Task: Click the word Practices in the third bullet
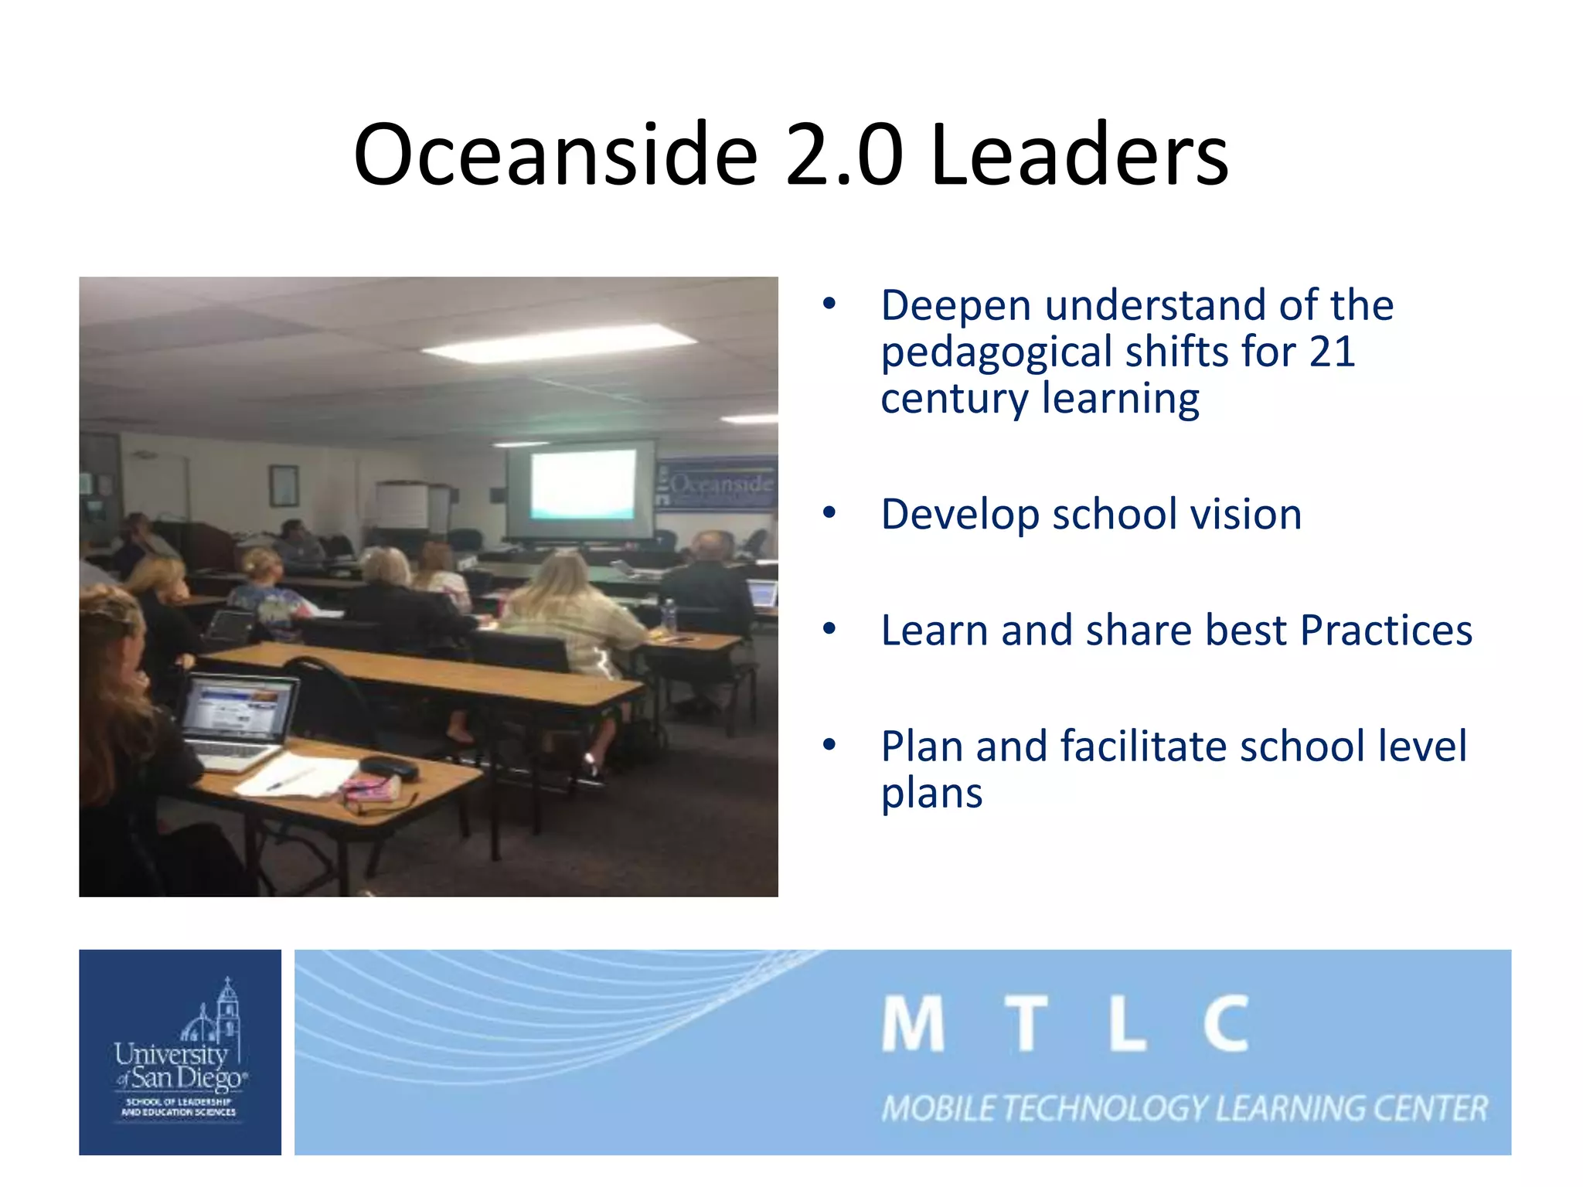pos(1386,630)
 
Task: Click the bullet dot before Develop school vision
pos(829,512)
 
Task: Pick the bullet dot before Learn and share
pos(829,628)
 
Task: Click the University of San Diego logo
pos(180,1052)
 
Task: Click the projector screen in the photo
pos(583,485)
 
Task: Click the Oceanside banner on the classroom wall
pos(718,485)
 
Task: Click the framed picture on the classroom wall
pos(284,485)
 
